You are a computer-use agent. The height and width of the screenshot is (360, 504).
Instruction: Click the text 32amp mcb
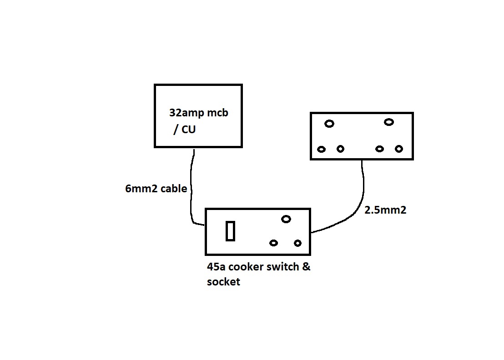198,113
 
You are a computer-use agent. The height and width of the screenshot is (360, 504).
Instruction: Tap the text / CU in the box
184,130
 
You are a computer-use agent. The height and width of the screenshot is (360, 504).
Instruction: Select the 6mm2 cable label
156,188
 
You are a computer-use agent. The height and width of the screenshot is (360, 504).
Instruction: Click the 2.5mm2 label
385,210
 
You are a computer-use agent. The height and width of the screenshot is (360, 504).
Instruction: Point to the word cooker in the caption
252,267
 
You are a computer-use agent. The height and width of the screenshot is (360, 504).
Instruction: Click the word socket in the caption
223,282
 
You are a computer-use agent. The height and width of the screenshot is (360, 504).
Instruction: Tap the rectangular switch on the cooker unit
231,231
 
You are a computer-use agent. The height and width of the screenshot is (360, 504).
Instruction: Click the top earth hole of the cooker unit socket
286,219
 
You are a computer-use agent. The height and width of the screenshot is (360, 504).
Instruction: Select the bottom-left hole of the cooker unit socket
273,243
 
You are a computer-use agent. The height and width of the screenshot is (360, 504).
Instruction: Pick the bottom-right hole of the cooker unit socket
297,243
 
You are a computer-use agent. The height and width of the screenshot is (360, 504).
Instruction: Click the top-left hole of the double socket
329,124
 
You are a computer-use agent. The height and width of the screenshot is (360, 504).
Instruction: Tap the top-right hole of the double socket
388,122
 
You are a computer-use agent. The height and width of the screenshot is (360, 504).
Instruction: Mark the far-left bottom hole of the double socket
322,149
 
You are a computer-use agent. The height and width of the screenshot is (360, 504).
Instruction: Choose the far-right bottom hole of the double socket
399,149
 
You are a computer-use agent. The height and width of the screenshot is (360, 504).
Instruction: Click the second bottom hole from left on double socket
341,149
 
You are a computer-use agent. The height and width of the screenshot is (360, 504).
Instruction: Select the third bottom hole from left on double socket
380,149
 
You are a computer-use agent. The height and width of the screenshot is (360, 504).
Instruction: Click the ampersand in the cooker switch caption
306,267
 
